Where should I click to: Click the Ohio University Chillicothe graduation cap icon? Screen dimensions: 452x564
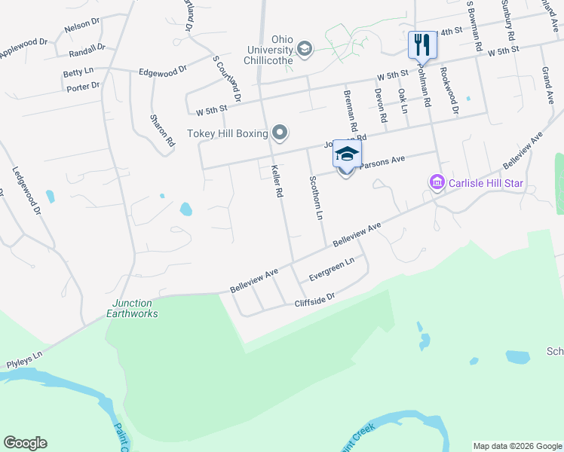coord(305,50)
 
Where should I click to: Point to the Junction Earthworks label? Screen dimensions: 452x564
coord(130,308)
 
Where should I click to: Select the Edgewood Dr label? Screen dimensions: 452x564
coord(162,72)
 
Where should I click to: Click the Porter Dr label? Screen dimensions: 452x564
coord(83,87)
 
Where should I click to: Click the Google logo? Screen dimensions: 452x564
coord(25,443)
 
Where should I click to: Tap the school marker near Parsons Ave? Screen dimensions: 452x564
coord(346,156)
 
